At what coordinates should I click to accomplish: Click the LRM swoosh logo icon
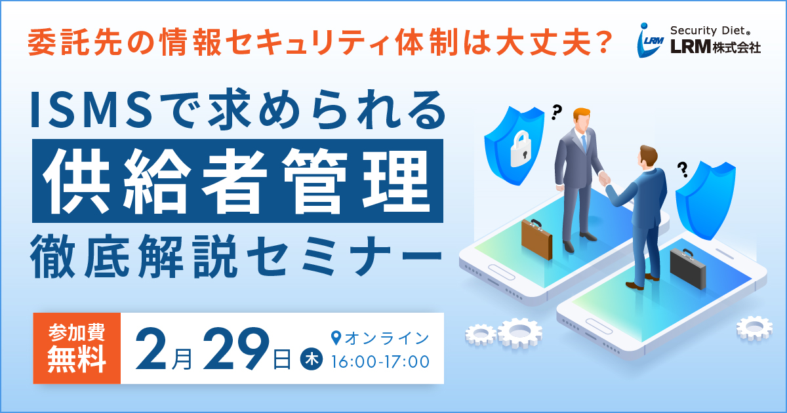tap(650, 40)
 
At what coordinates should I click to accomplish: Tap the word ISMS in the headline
tap(92, 110)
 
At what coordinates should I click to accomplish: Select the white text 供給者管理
tap(237, 181)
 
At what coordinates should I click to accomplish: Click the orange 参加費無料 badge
tap(77, 348)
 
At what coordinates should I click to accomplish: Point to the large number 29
tap(235, 348)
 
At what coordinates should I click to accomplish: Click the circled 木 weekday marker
tap(312, 359)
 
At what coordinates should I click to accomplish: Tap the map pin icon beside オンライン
tap(336, 338)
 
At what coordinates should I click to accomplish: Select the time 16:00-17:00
tap(380, 362)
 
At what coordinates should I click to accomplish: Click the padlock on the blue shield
tap(521, 149)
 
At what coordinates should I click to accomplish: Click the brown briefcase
tap(536, 239)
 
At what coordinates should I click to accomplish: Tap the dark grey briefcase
tap(688, 269)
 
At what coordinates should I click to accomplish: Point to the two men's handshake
tap(604, 178)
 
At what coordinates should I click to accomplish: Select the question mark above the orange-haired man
tap(556, 112)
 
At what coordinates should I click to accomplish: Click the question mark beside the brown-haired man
tap(683, 169)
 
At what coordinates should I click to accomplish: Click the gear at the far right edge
tap(754, 328)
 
